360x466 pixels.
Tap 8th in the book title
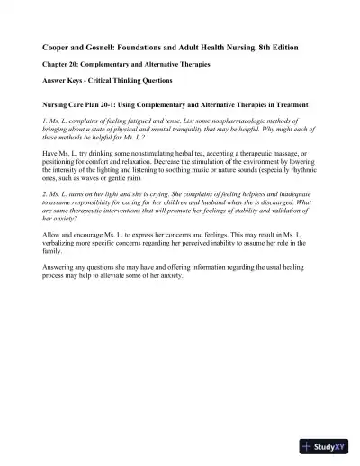(x=266, y=45)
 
